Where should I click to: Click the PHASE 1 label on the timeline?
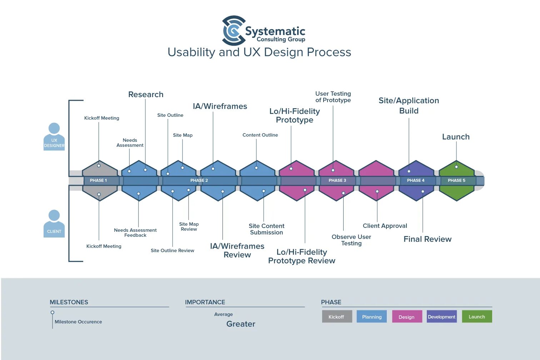pyautogui.click(x=98, y=180)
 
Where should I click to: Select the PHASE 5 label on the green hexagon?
pyautogui.click(x=456, y=180)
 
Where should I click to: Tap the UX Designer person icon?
pyautogui.click(x=54, y=137)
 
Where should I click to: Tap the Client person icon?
pyautogui.click(x=54, y=224)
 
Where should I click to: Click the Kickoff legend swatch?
pyautogui.click(x=336, y=316)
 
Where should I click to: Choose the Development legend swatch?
pyautogui.click(x=441, y=316)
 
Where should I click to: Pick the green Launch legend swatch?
pyautogui.click(x=477, y=316)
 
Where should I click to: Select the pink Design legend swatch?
pyautogui.click(x=406, y=316)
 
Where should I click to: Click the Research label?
pyautogui.click(x=146, y=95)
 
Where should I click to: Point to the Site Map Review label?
pyautogui.click(x=189, y=226)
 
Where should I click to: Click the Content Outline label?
pyautogui.click(x=260, y=135)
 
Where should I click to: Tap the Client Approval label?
pyautogui.click(x=385, y=226)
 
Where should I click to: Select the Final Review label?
pyautogui.click(x=427, y=239)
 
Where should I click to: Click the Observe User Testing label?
pyautogui.click(x=351, y=240)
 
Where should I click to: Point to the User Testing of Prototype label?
pyautogui.click(x=333, y=97)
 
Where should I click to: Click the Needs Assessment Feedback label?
pyautogui.click(x=135, y=232)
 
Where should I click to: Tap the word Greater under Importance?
pyautogui.click(x=241, y=324)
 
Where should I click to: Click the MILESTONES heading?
pyautogui.click(x=69, y=302)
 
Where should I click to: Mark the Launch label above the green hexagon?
pyautogui.click(x=456, y=137)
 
